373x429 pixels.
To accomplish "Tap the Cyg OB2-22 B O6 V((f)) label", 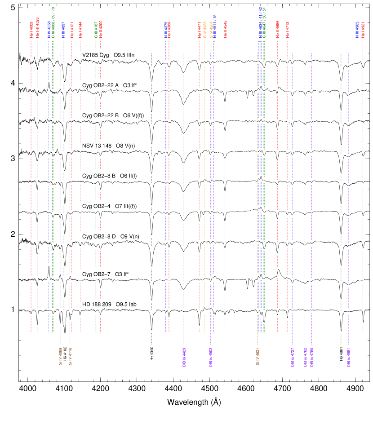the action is tap(115, 115).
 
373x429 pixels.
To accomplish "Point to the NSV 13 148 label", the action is tap(110, 146).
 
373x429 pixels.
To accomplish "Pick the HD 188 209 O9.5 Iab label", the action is tap(112, 305).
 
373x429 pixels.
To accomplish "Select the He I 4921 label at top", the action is tap(363, 29).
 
